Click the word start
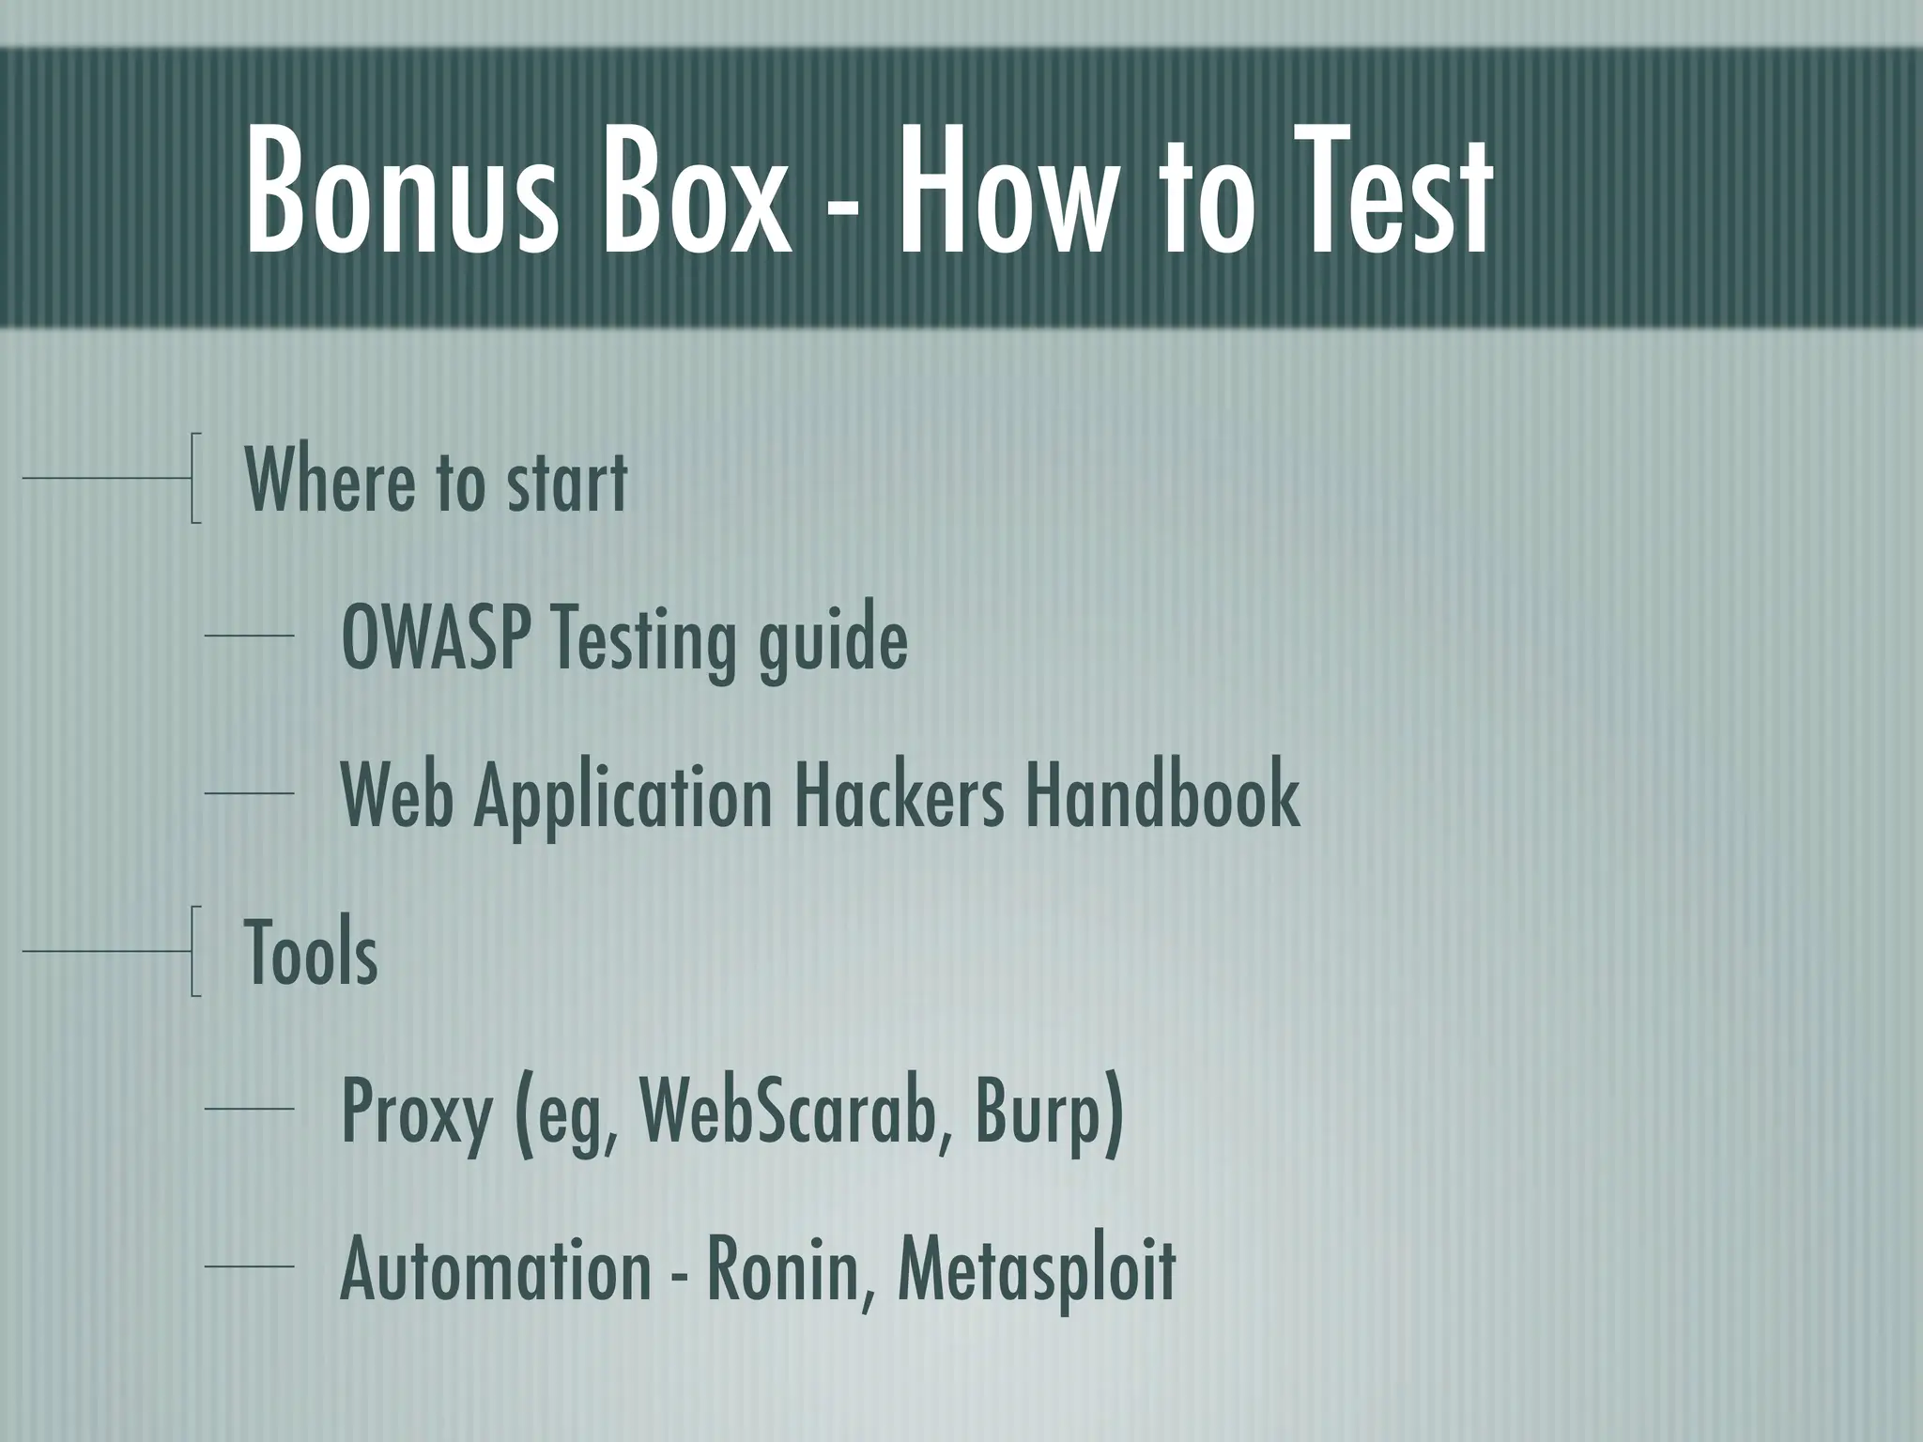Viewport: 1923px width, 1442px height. click(x=567, y=482)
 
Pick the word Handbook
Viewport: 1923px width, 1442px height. click(x=1161, y=795)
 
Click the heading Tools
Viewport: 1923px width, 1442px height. click(x=311, y=952)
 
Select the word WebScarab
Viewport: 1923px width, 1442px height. click(x=793, y=1111)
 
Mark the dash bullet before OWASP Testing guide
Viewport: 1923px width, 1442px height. click(x=249, y=637)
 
